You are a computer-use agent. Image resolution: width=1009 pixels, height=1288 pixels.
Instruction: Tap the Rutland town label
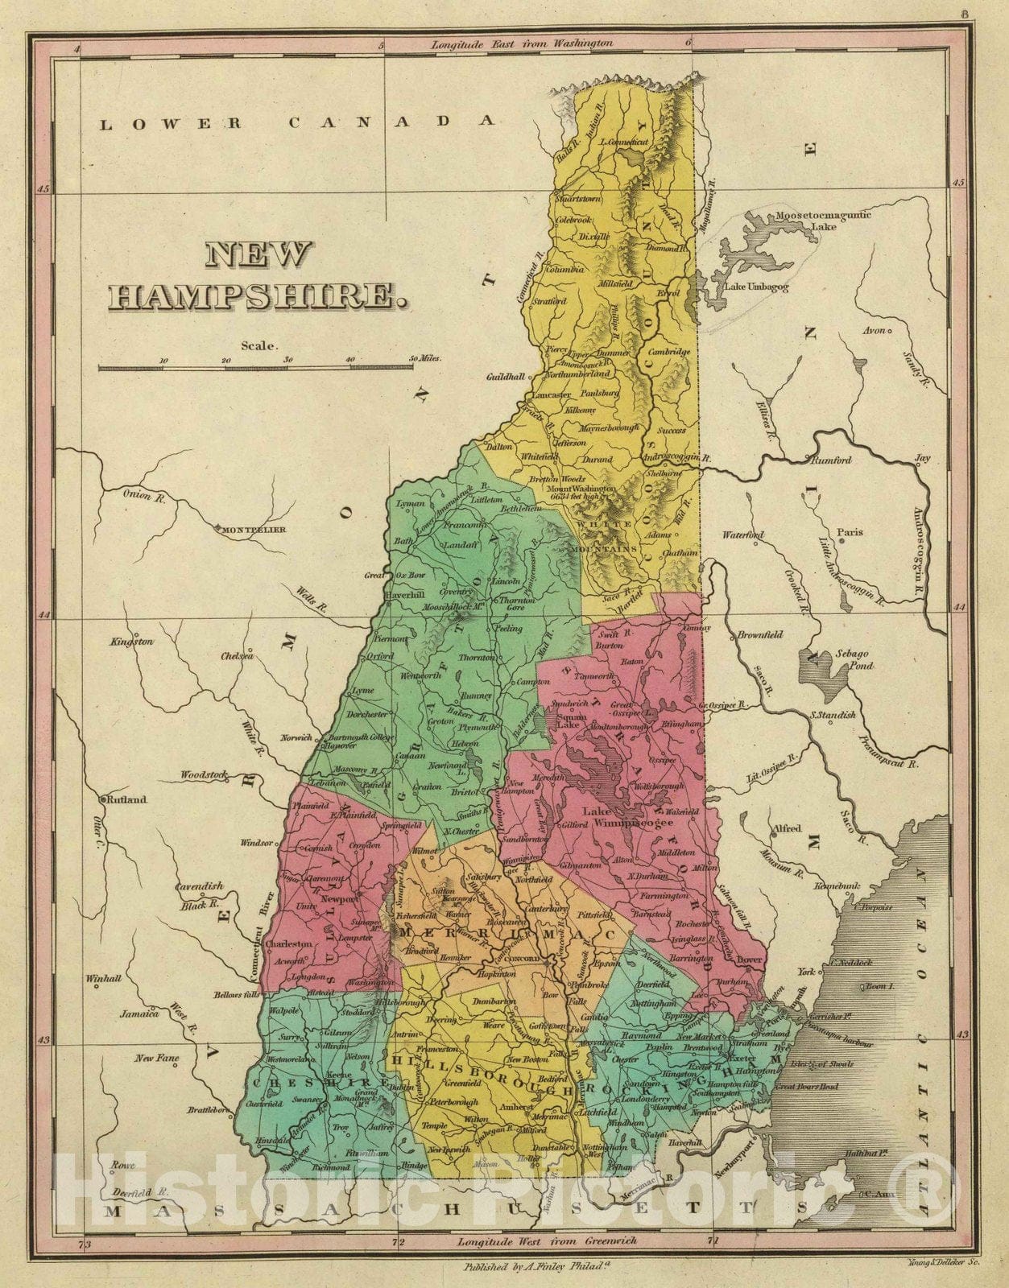click(128, 799)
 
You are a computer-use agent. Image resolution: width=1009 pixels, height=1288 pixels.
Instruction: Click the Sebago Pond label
click(854, 660)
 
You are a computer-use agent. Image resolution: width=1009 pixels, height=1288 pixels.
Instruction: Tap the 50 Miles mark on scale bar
click(424, 357)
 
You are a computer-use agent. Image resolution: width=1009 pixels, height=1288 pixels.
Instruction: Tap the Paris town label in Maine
click(849, 532)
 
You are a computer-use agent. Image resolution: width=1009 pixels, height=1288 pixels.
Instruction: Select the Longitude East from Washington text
click(521, 43)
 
